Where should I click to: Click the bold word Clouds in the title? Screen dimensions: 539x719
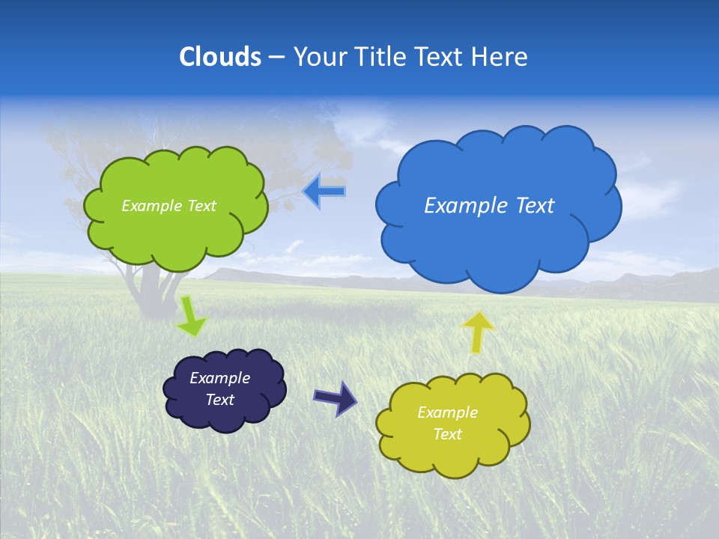(x=220, y=57)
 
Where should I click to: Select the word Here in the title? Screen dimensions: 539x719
(x=500, y=57)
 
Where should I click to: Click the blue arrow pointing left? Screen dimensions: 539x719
(x=324, y=192)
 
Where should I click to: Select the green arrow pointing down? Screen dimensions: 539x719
(x=191, y=317)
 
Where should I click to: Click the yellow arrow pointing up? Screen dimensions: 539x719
(x=478, y=332)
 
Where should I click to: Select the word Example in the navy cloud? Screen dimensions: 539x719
(x=219, y=378)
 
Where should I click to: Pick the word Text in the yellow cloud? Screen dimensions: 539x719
(x=447, y=434)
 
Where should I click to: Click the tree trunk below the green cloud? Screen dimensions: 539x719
(x=150, y=288)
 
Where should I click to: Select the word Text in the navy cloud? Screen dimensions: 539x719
(x=219, y=400)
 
